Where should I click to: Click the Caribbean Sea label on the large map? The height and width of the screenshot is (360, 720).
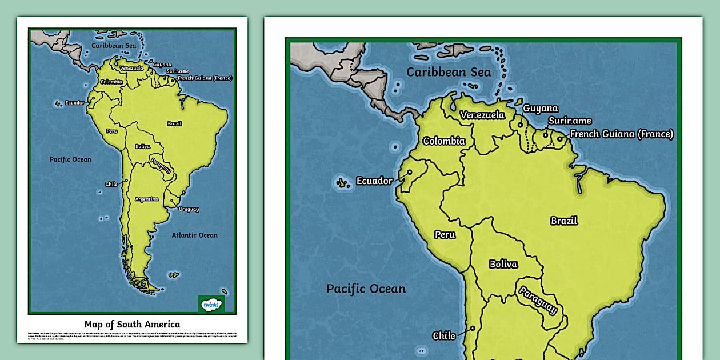(449, 72)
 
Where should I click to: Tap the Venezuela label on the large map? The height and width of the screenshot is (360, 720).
(483, 115)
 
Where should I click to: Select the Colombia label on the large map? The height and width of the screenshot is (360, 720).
(444, 141)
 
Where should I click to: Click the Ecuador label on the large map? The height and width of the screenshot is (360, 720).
(374, 181)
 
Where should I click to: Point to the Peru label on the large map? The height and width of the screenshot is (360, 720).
(445, 234)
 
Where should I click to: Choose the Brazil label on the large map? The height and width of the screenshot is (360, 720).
(563, 221)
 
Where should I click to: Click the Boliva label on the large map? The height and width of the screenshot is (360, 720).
(503, 264)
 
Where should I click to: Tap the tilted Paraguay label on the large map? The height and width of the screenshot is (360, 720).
(538, 300)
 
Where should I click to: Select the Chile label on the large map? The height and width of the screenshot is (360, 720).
(444, 335)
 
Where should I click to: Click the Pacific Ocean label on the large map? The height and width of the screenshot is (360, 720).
(366, 289)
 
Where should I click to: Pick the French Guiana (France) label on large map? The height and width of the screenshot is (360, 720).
(622, 134)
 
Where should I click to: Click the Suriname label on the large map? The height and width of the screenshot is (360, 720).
(570, 121)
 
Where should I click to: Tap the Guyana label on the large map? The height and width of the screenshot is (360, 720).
(541, 108)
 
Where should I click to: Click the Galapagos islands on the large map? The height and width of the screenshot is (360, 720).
(342, 183)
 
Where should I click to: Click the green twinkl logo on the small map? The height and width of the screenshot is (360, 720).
(211, 304)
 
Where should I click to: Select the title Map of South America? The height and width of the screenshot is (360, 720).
(132, 324)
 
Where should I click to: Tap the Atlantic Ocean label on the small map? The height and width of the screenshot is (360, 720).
(194, 235)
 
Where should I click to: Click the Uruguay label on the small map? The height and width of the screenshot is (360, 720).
(188, 209)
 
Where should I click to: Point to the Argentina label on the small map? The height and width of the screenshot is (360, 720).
(147, 199)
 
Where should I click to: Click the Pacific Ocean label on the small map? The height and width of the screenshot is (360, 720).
(70, 159)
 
